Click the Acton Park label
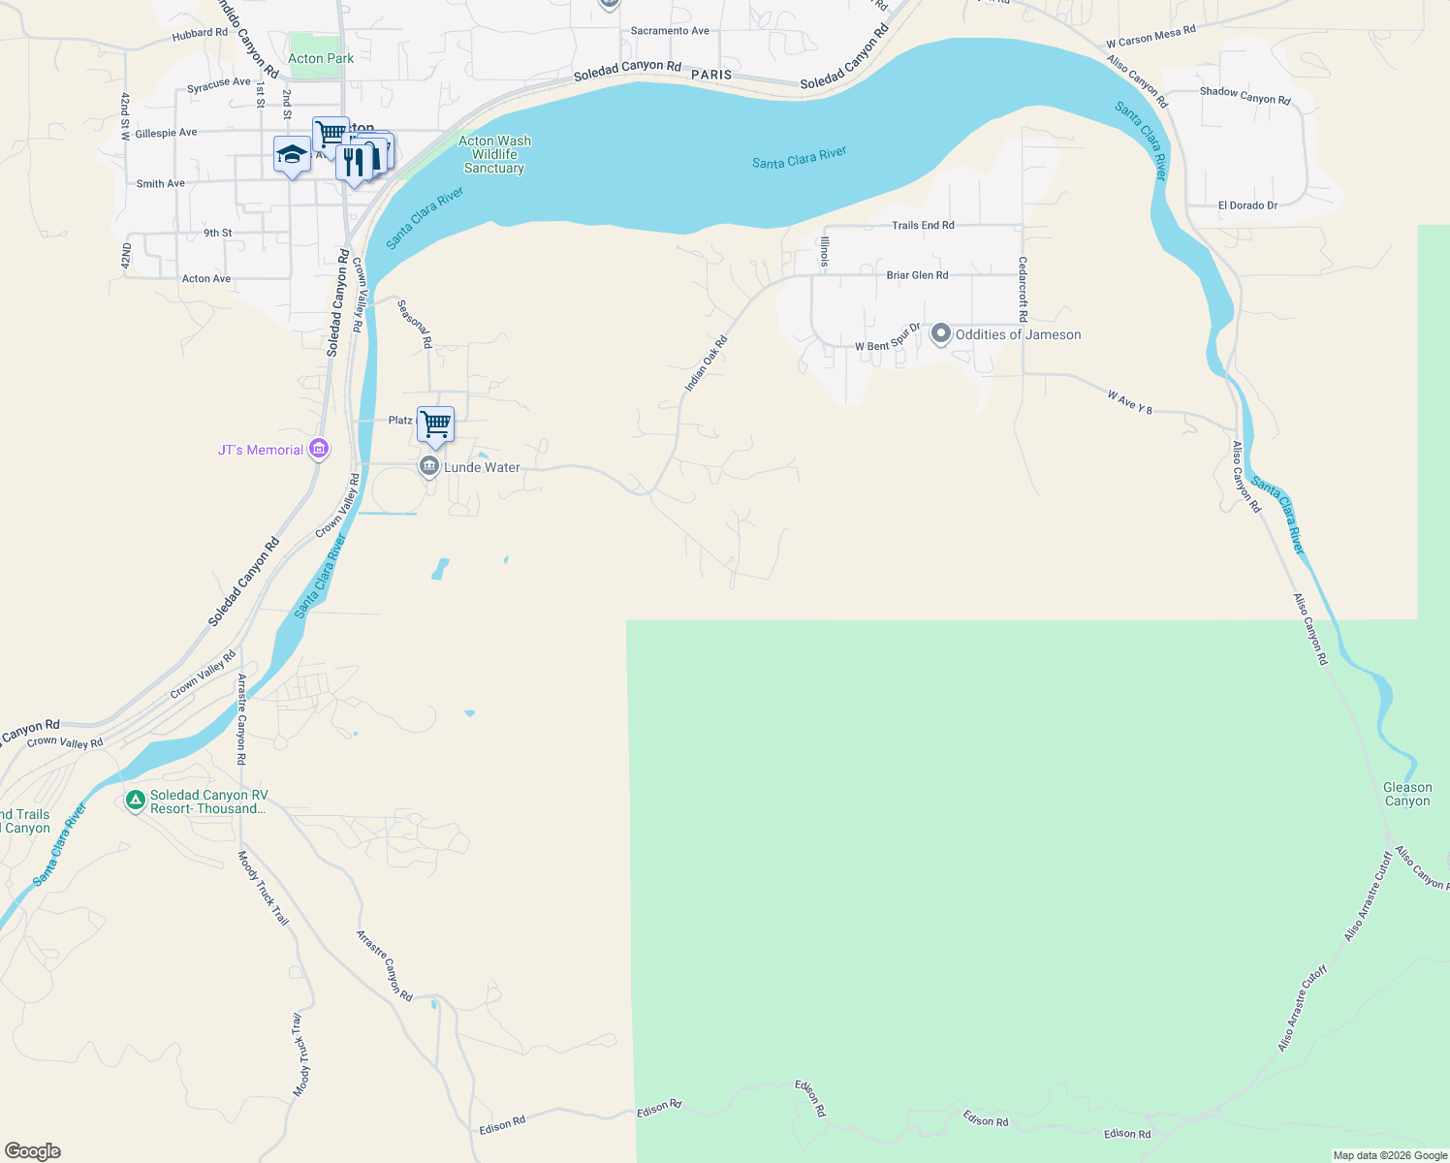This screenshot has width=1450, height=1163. tap(320, 58)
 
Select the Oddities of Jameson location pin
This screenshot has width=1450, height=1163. tap(940, 334)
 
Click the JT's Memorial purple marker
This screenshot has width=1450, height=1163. tap(318, 450)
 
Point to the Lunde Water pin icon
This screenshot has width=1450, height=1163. tap(429, 466)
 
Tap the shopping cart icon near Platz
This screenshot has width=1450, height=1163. tap(436, 424)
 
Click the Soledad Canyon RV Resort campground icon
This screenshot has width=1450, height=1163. tap(136, 802)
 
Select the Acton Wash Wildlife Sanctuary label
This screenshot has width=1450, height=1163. tap(494, 154)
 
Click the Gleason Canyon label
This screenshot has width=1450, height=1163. tap(1407, 794)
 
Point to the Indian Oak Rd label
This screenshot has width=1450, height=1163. tap(706, 364)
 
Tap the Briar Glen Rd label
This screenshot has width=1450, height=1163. tap(917, 275)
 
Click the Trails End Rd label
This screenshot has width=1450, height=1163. tap(923, 225)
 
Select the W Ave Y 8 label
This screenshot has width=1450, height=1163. tap(1130, 402)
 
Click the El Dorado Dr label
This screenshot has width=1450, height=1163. tap(1247, 205)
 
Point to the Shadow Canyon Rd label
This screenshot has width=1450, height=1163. tap(1245, 95)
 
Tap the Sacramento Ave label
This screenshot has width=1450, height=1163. tap(670, 31)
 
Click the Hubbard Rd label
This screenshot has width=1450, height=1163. tap(200, 34)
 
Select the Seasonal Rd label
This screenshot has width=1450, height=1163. tap(415, 323)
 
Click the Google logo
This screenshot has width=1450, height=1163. tap(33, 1150)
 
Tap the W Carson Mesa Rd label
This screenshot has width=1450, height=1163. tap(1151, 37)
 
